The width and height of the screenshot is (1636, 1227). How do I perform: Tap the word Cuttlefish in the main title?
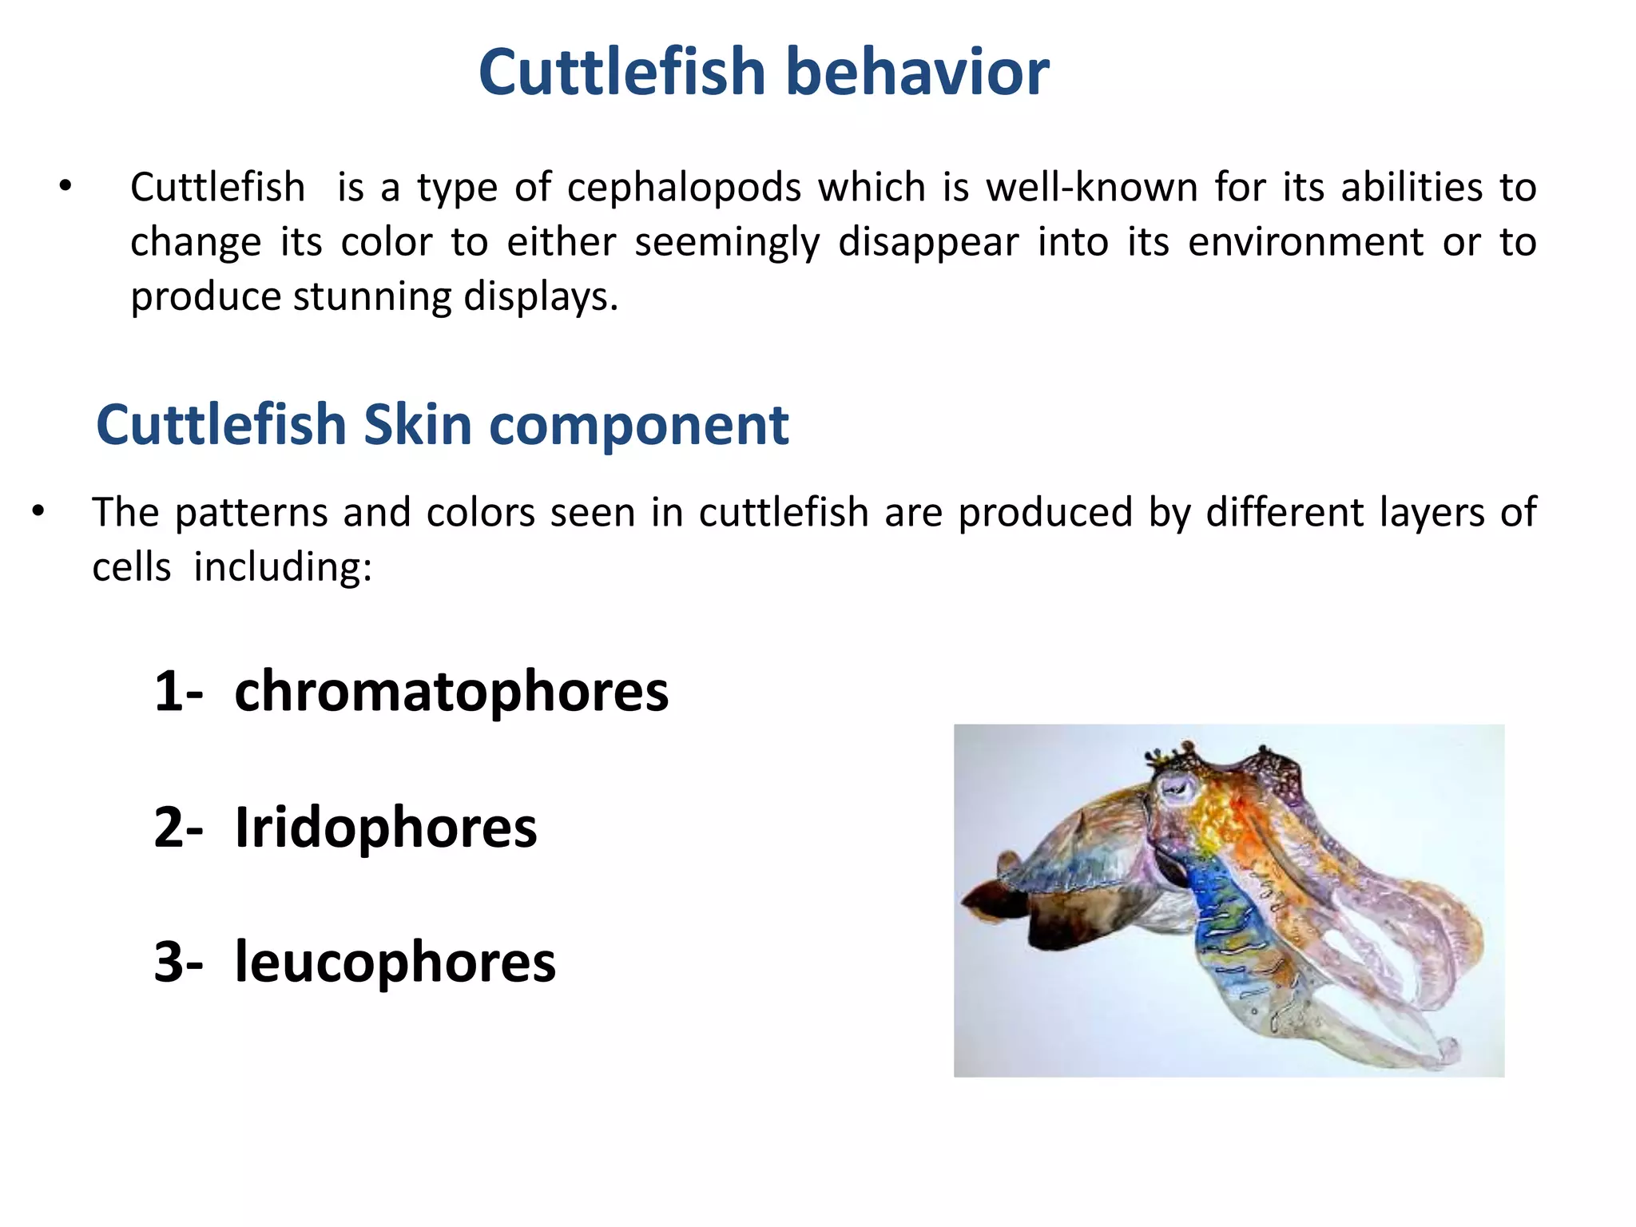[623, 72]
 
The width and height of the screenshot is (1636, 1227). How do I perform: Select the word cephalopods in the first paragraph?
[684, 188]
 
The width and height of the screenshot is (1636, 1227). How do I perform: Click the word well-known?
[1091, 188]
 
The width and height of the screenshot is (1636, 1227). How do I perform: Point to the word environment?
[1305, 242]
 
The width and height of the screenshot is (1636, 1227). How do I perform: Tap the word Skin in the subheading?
[417, 425]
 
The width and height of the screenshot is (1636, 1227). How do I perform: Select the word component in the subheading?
[638, 425]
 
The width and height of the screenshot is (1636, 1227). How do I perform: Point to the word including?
[283, 568]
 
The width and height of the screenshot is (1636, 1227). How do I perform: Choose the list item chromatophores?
[451, 692]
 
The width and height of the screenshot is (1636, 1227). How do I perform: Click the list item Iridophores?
[386, 828]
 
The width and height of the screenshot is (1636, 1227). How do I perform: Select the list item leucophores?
[395, 962]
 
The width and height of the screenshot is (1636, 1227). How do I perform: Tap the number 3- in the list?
[178, 962]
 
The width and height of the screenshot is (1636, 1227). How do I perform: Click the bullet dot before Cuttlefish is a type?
[66, 188]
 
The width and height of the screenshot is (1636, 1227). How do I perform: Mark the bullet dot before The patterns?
[38, 512]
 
